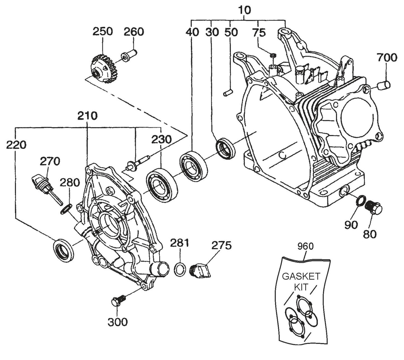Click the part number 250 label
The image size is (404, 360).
[x=102, y=31]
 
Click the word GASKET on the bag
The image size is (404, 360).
[x=301, y=276]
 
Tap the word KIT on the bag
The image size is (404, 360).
[x=301, y=287]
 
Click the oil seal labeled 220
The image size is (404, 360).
[x=63, y=250]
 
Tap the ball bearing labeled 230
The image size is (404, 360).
[x=162, y=184]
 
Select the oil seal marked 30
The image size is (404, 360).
[x=226, y=149]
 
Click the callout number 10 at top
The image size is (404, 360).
[x=244, y=10]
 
